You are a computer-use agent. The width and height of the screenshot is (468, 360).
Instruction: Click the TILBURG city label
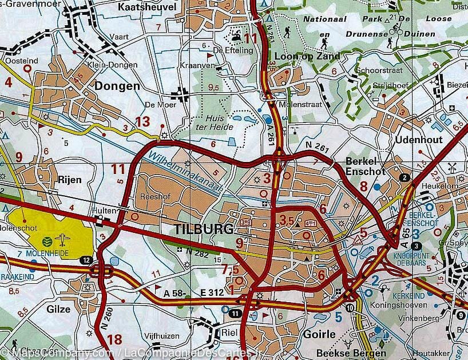(203, 230)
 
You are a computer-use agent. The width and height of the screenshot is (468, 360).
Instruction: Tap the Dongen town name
(118, 86)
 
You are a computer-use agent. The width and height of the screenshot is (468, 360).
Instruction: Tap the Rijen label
(69, 179)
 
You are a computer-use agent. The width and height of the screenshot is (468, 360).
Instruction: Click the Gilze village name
(58, 309)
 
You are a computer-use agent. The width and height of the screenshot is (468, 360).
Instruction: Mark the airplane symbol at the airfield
(64, 239)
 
